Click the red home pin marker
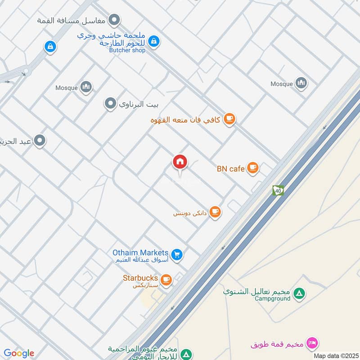180,162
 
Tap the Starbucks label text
140,278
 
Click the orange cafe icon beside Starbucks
166,280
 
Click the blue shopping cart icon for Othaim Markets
177,255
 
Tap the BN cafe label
230,169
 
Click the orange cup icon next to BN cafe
253,168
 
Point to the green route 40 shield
278,191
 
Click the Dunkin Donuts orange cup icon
216,211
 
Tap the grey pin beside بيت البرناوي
110,104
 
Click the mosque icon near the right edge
301,83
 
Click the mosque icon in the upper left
86,87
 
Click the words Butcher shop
127,50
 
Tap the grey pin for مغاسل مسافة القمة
115,20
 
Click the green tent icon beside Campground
298,294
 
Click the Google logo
19,353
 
